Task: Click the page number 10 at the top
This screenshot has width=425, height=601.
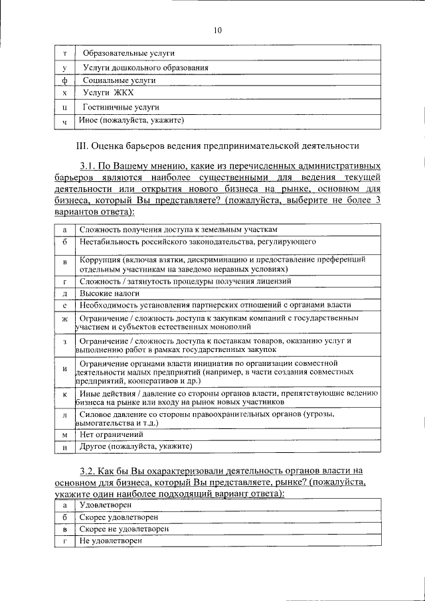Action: tap(217, 29)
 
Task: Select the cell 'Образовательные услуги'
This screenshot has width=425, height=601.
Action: tap(129, 53)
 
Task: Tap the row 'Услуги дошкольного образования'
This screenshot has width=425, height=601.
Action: tap(146, 67)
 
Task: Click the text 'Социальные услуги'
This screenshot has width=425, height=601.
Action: tap(119, 80)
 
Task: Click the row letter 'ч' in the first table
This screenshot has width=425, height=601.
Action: tap(64, 122)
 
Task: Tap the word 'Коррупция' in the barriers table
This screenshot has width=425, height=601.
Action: tap(100, 259)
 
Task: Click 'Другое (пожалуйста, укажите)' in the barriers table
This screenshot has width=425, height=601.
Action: tap(135, 446)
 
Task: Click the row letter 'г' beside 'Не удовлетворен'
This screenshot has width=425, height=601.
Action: tap(64, 542)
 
